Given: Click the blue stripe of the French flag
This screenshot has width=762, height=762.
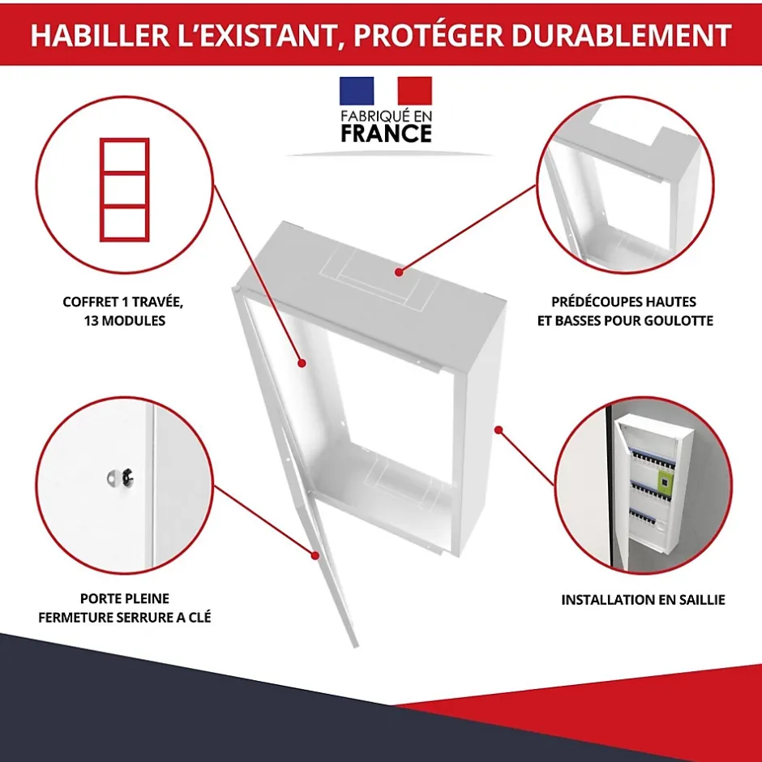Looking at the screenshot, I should coord(357,91).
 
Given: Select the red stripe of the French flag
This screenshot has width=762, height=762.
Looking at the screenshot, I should coord(414,91).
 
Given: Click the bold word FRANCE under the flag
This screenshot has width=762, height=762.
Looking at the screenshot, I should coord(386,133).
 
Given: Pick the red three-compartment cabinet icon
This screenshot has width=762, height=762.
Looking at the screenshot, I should coord(124,189).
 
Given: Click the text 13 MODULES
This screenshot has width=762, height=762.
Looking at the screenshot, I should coord(124,321).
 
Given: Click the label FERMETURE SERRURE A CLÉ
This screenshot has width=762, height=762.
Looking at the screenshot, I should coord(124,618).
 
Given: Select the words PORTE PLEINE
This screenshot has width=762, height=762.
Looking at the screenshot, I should coord(124,599).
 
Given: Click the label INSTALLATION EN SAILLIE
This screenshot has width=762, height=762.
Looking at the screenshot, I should coord(643,601).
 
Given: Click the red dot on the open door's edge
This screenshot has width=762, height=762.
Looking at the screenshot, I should coord(316,554).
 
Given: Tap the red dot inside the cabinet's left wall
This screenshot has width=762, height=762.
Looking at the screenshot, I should coord(301,363).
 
